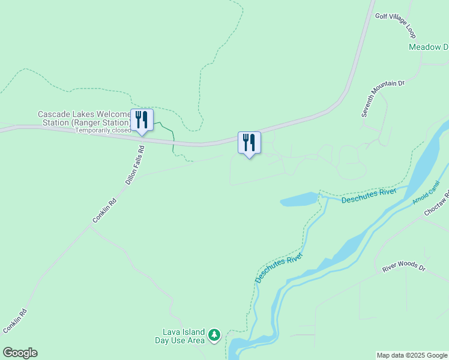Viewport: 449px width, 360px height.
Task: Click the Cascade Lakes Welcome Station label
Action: [84, 118]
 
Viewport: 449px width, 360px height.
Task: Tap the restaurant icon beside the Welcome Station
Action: [142, 120]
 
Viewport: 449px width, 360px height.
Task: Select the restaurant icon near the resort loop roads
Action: [249, 143]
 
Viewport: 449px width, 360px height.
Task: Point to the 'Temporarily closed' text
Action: [103, 130]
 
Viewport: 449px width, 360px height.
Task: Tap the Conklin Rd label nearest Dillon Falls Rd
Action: [104, 211]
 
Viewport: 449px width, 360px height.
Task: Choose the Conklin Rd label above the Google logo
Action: [15, 321]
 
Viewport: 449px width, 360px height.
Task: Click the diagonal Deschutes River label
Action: [279, 268]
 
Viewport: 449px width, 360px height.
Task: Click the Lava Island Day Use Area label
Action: [184, 336]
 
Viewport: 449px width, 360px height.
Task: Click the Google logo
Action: [20, 353]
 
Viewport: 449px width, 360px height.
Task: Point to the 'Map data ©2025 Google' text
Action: [412, 355]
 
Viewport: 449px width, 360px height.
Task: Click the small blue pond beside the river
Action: [298, 200]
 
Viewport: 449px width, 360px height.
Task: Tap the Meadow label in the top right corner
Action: [428, 47]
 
